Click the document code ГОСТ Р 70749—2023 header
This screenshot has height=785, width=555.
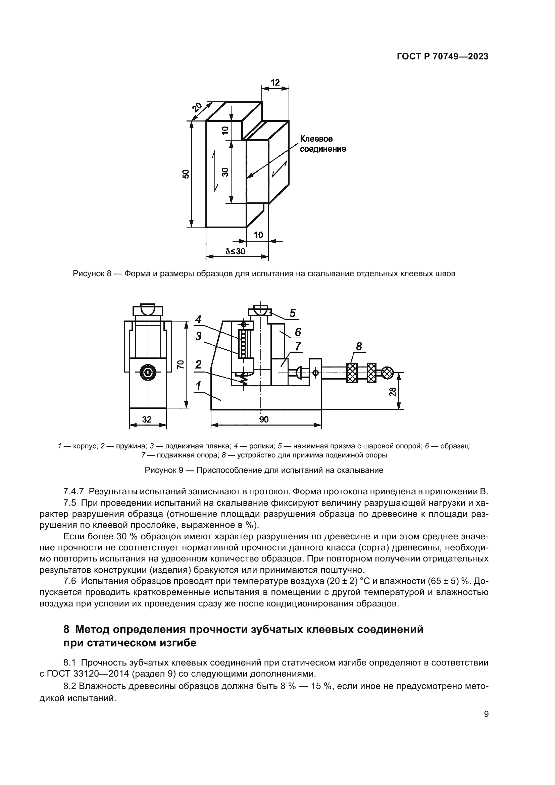coord(442,57)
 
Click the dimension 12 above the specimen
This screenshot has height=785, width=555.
coord(275,83)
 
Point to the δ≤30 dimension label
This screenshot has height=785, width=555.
coord(236,252)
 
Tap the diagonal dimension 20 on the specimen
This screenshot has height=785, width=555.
coord(197,107)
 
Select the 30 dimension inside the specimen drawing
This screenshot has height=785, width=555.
coord(225,172)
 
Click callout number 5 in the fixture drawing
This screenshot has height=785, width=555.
coord(293,313)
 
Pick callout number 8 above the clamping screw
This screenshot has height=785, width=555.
coord(359,346)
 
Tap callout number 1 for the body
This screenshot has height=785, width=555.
coord(198,386)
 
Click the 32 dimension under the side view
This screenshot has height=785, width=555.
coord(147,419)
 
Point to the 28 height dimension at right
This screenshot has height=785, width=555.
coord(393,391)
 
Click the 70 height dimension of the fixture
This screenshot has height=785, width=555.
coord(181,364)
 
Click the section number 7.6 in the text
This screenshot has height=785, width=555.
coord(71,581)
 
